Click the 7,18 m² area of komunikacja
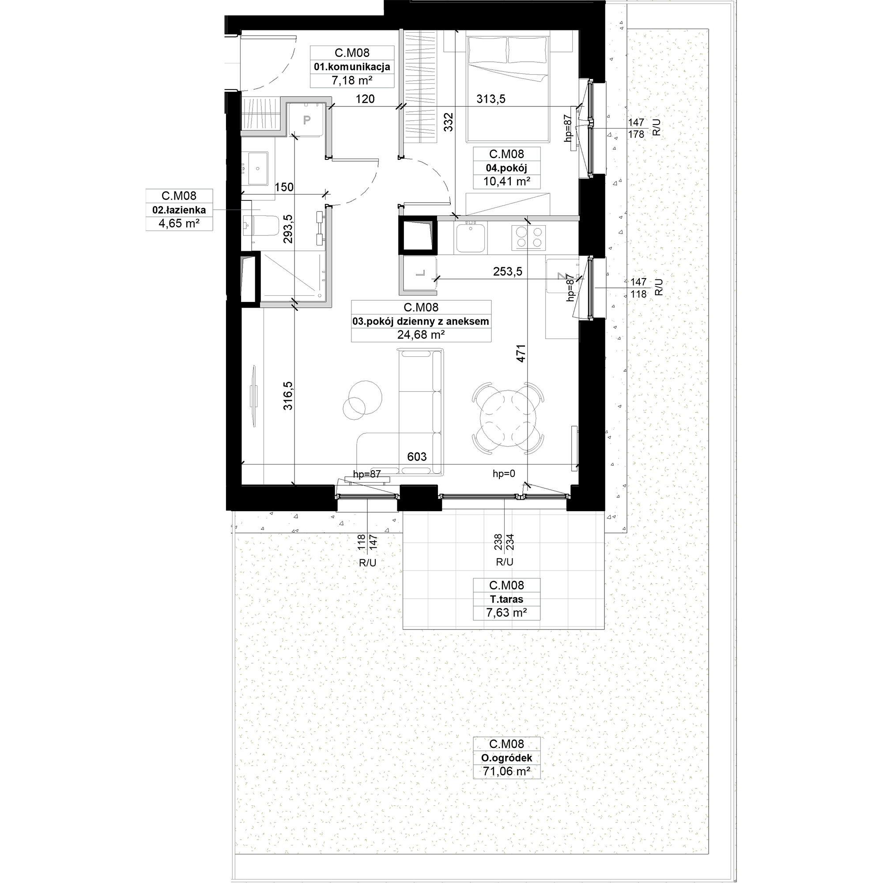[x=351, y=81]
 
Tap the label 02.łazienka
[x=179, y=210]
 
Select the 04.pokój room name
[x=506, y=168]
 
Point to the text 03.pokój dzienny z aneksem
[x=420, y=321]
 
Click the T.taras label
[x=506, y=599]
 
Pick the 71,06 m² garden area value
[x=506, y=771]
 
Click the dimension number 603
[x=417, y=457]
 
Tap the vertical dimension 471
[x=521, y=353]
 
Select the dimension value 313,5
[x=491, y=99]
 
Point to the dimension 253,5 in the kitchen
[x=507, y=272]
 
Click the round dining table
[x=508, y=418]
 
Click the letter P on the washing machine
[x=307, y=120]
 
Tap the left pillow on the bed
[x=488, y=50]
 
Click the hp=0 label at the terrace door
[x=504, y=474]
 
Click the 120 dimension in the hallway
[x=365, y=99]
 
